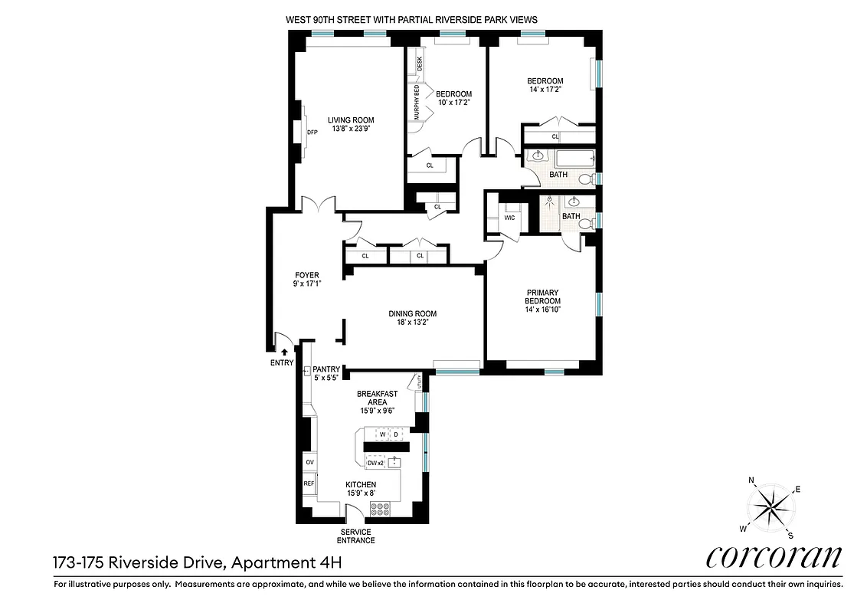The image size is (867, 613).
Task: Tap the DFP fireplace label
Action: point(312,132)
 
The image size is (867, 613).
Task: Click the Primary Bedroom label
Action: point(542,297)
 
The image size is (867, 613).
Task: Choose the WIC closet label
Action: point(509,218)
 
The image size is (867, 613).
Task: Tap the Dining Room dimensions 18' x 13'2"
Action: point(412,323)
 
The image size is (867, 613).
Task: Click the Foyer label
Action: point(307,275)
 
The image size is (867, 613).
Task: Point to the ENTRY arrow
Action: point(284,352)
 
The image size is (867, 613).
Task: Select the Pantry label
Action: point(326,369)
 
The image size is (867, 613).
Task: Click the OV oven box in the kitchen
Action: point(309,463)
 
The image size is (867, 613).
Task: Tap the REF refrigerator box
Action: point(309,484)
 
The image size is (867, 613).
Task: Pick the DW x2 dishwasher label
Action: point(375,463)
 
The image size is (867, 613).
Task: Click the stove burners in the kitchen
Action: point(381,508)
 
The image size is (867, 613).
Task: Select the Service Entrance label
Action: point(356,536)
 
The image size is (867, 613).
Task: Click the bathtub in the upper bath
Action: point(574,160)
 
